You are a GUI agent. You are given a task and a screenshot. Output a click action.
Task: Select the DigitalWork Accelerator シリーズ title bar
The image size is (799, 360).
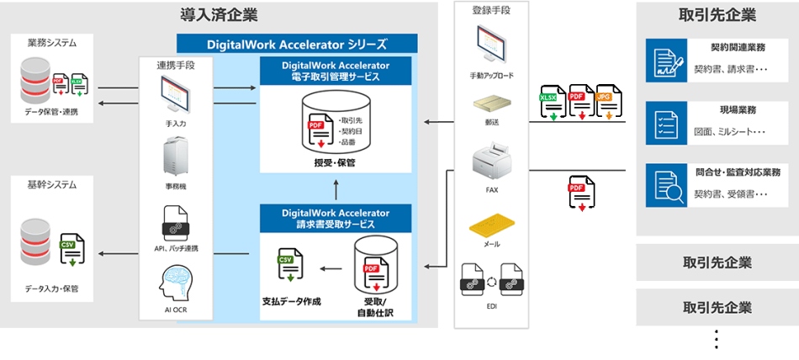coord(297,44)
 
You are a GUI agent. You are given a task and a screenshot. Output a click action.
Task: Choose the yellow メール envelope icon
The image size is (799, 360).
coord(491,225)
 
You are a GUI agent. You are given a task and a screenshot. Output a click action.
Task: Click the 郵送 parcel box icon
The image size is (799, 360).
coord(491,104)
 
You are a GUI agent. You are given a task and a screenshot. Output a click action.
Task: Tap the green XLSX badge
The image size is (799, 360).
coord(552,98)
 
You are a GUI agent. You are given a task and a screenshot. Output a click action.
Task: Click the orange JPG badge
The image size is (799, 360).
coord(604,98)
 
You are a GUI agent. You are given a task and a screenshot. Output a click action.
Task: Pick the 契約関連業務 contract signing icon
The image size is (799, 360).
coord(666,61)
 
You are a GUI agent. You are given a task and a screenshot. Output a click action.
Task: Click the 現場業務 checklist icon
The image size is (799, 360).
coord(666,123)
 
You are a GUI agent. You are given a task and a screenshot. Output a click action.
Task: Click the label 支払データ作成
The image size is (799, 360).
coord(292,300)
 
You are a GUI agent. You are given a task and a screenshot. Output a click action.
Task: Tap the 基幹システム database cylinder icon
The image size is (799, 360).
coord(36,241)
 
